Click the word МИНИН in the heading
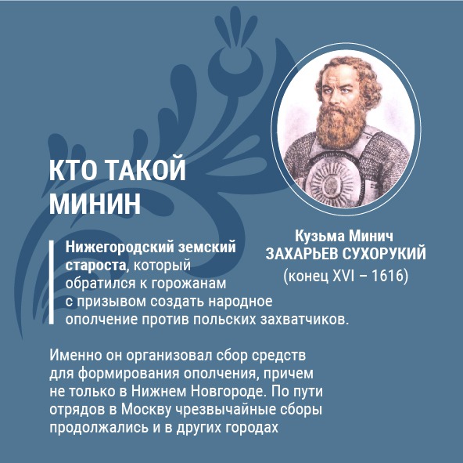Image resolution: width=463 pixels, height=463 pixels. [95, 204]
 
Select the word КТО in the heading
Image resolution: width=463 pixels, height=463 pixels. [74, 170]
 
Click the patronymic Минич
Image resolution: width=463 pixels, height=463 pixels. [371, 236]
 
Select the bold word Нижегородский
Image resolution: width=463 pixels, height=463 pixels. [120, 248]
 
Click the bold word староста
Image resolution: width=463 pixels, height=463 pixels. [95, 266]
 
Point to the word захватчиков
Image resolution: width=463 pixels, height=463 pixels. [304, 320]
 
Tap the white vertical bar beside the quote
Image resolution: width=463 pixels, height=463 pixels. [52, 282]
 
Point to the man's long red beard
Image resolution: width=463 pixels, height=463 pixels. [340, 125]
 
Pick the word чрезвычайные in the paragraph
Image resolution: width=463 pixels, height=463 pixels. [225, 410]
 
